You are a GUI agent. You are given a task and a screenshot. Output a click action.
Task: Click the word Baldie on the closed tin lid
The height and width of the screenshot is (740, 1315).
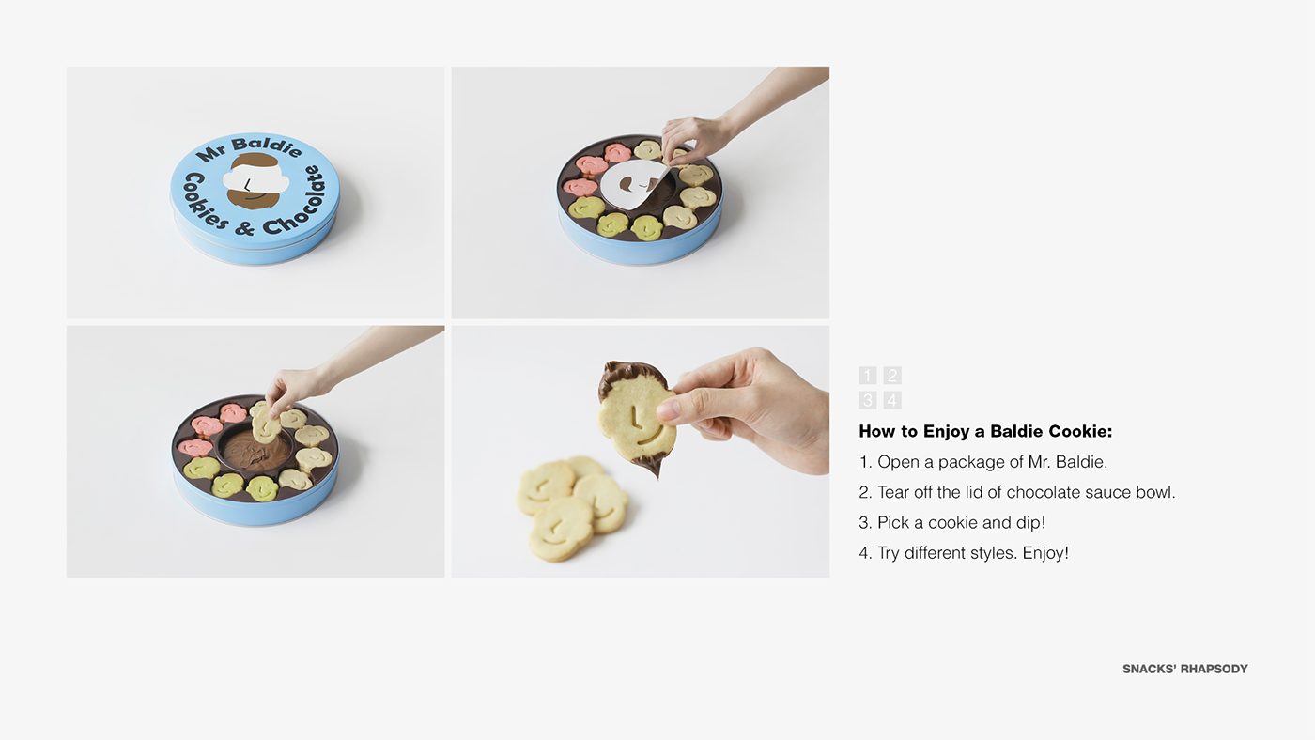point(267,146)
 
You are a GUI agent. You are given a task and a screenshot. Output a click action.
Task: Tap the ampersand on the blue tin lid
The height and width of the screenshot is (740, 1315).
point(245,227)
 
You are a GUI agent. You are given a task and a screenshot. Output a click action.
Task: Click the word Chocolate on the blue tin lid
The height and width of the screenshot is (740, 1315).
point(294,202)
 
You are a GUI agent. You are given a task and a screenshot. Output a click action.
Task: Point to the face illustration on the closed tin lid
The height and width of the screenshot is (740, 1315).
point(255,180)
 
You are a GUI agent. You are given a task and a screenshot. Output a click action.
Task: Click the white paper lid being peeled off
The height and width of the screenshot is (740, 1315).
point(633,185)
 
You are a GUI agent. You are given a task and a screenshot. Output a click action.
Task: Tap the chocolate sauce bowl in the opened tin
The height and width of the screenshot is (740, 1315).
point(257,451)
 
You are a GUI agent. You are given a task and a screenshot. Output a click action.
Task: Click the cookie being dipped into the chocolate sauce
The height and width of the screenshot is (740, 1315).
point(266,425)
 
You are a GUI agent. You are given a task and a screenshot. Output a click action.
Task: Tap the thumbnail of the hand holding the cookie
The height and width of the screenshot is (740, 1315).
point(668,410)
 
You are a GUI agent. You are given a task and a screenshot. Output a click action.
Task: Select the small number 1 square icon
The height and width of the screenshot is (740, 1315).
point(867,376)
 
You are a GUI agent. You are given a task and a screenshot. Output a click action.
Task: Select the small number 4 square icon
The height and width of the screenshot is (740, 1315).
point(892,400)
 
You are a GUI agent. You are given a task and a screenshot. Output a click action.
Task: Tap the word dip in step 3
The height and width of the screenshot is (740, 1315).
point(1031,523)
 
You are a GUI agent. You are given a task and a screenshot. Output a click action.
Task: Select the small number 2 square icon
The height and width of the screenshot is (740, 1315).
point(892,376)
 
